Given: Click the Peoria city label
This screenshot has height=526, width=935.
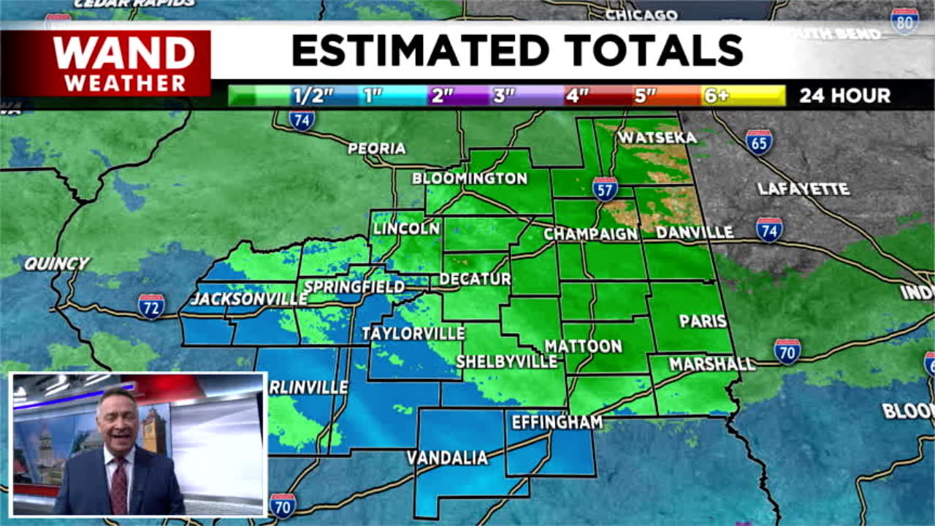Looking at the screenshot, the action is (x=376, y=148).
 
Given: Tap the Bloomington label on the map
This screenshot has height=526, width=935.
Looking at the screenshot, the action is (x=469, y=178).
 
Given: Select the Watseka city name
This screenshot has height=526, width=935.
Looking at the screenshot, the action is (x=657, y=137).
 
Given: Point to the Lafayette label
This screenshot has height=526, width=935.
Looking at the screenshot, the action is (x=803, y=189).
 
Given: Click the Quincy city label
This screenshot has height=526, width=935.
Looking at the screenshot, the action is (x=56, y=264).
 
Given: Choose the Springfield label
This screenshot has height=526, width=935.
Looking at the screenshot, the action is (x=354, y=286).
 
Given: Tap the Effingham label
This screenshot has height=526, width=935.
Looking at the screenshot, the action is (x=557, y=422).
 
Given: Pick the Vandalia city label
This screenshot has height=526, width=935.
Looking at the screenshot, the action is (x=447, y=458).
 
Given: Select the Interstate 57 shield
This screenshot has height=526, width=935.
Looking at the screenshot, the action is (x=605, y=188).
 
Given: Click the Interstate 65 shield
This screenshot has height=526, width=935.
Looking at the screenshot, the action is (x=759, y=142).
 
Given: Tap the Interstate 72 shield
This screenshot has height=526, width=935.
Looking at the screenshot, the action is (x=151, y=306).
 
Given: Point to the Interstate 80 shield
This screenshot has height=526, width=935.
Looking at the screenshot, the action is (x=904, y=20).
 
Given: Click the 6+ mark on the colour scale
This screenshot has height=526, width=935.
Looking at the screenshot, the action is (x=716, y=96).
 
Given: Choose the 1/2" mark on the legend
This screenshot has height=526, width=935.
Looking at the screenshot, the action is (x=313, y=96).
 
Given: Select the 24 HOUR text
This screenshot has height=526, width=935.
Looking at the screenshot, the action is (x=844, y=96).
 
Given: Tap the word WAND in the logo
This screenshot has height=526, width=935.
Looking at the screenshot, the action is (x=124, y=53).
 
